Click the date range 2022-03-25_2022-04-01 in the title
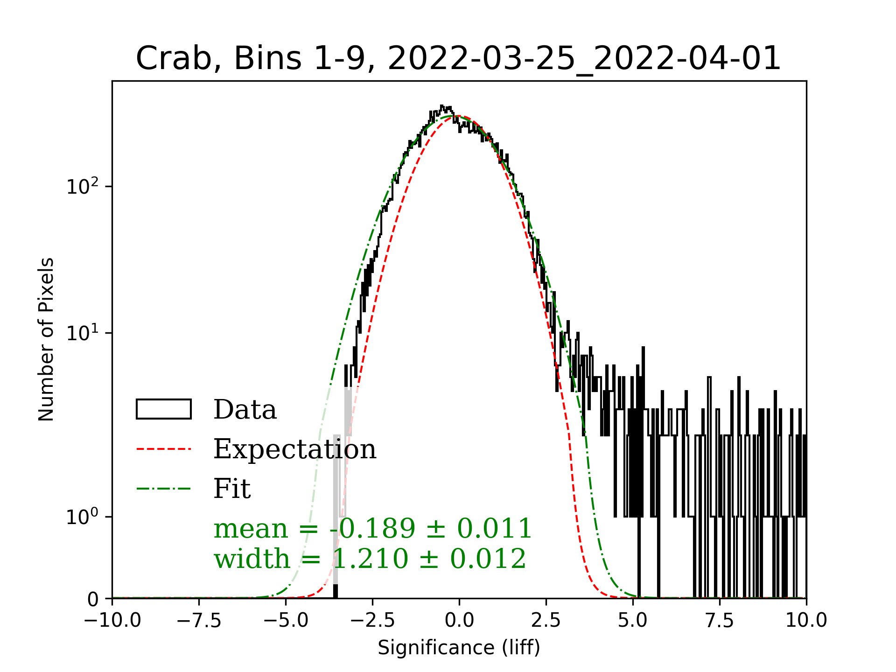point(584,59)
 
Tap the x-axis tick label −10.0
point(112,621)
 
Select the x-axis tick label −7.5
point(199,621)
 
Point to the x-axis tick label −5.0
point(286,621)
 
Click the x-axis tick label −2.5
point(373,621)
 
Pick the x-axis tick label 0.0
point(459,621)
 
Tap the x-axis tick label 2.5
point(546,621)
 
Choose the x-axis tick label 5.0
point(633,621)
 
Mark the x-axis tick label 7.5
point(720,621)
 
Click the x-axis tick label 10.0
point(806,621)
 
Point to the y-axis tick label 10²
point(83,187)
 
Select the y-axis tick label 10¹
point(83,333)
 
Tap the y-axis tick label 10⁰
point(83,517)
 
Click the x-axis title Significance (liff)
point(459,648)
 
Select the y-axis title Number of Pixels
point(47,339)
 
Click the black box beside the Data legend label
point(164,409)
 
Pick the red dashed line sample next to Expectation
point(164,449)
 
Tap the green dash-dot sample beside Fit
point(164,489)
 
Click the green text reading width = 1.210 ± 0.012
point(370,559)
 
